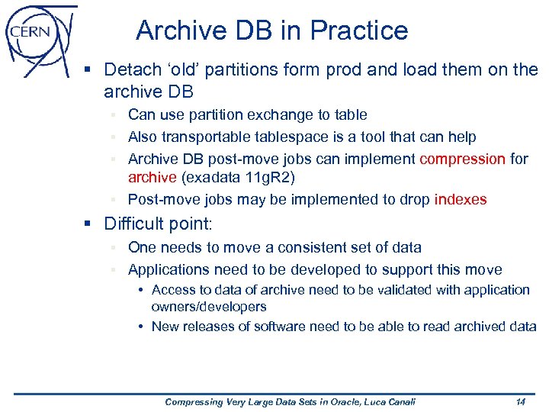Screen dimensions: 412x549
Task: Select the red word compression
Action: [463, 159]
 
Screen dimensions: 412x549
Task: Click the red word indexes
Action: [460, 199]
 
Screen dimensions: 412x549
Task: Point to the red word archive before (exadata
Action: [152, 178]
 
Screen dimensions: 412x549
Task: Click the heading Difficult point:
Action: [159, 224]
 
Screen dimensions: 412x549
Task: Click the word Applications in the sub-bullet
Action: [169, 269]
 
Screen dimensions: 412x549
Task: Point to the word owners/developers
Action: [209, 307]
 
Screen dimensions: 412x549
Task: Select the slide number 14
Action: [520, 401]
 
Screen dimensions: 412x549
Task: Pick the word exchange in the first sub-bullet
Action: [275, 115]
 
